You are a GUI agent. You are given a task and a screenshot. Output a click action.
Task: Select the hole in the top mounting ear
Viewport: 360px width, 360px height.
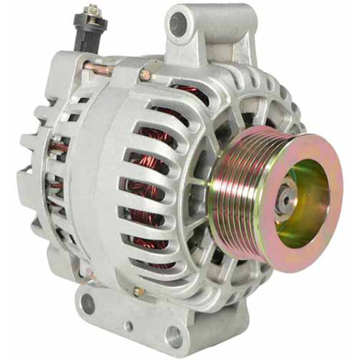(x=177, y=24)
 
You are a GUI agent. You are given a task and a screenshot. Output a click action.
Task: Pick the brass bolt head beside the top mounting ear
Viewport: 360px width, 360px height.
(x=146, y=74)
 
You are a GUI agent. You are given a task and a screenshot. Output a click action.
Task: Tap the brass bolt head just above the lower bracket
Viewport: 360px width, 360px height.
(x=138, y=291)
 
